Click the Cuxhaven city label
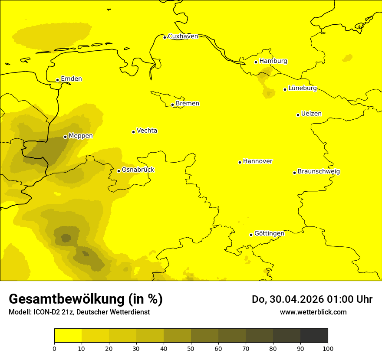pyautogui.click(x=183, y=36)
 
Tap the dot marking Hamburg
pyautogui.click(x=256, y=62)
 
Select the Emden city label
pyautogui.click(x=71, y=79)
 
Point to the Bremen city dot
pyautogui.click(x=172, y=105)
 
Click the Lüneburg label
pyautogui.click(x=303, y=88)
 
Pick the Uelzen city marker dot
pyautogui.click(x=298, y=115)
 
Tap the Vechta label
pyautogui.click(x=147, y=131)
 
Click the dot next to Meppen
pyautogui.click(x=65, y=137)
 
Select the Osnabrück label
pyautogui.click(x=138, y=170)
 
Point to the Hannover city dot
pyautogui.click(x=240, y=162)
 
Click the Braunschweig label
pyautogui.click(x=319, y=172)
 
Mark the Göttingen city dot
pyautogui.click(x=251, y=235)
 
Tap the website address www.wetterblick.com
pyautogui.click(x=313, y=312)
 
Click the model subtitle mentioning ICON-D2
pyautogui.click(x=79, y=312)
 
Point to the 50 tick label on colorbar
pyautogui.click(x=191, y=348)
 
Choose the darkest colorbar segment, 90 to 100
pyautogui.click(x=314, y=335)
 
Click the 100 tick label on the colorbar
pyautogui.click(x=328, y=348)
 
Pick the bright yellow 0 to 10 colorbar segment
pyautogui.click(x=68, y=335)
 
